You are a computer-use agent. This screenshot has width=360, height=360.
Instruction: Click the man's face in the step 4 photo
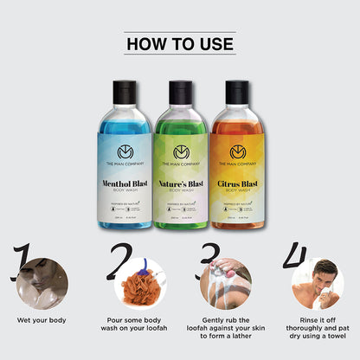point(321,274)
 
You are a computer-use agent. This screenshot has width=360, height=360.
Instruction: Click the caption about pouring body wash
point(133,325)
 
